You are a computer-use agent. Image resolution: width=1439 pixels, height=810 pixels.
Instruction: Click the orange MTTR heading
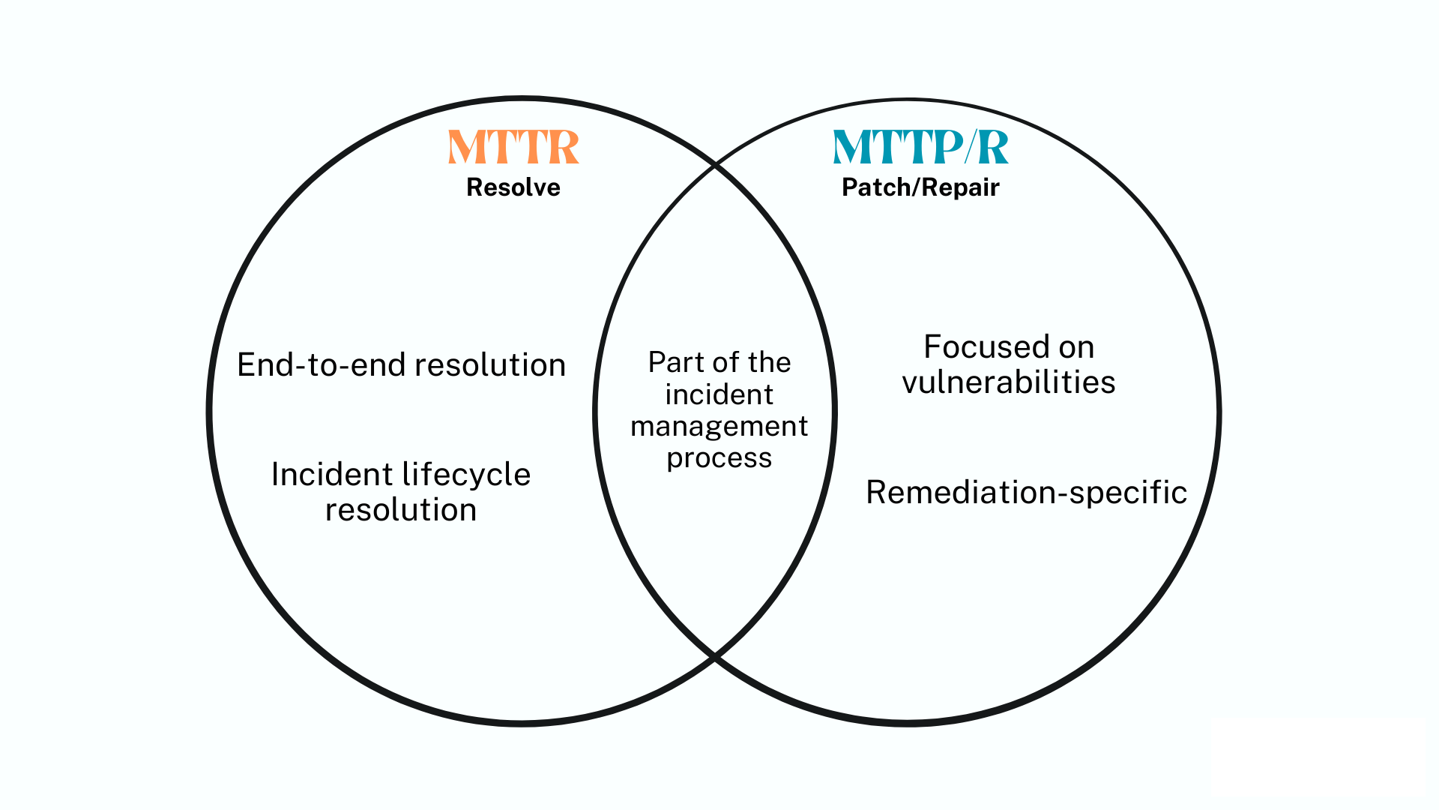[x=513, y=147]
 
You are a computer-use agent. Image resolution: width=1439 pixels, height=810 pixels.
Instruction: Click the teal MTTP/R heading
[x=920, y=147]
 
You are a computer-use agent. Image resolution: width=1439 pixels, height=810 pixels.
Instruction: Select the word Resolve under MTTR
[x=513, y=187]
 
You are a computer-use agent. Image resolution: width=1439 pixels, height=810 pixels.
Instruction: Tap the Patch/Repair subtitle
[x=920, y=187]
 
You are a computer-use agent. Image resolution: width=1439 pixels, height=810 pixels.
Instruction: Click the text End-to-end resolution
[x=401, y=365]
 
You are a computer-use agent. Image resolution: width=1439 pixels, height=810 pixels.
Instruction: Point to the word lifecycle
[x=466, y=475]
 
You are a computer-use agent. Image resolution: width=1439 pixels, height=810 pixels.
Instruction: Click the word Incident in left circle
[x=332, y=475]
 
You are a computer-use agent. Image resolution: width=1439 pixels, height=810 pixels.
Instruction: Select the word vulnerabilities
[x=1009, y=382]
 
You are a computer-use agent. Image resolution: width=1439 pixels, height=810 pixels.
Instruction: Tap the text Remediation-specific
[x=1026, y=493]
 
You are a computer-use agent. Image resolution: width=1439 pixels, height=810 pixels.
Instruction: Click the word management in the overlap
[x=719, y=426]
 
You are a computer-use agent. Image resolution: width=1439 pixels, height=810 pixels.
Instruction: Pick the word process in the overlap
[x=719, y=458]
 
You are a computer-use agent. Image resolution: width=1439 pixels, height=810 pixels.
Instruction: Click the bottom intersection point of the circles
[x=716, y=658]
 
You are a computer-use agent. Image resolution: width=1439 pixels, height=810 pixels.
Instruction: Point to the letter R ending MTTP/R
[x=993, y=147]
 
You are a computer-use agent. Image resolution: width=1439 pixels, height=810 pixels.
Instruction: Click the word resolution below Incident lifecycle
[x=401, y=510]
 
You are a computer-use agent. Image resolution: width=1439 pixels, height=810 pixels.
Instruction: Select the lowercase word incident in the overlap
[x=719, y=394]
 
